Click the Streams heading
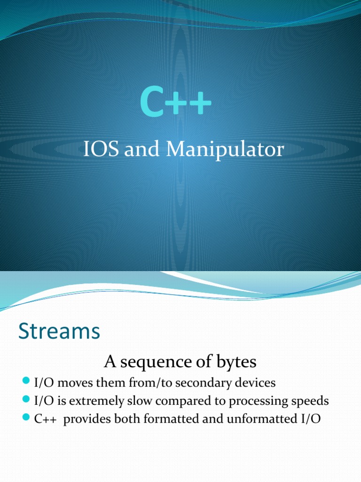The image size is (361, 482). (59, 332)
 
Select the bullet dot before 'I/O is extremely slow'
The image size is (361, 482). (26, 400)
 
